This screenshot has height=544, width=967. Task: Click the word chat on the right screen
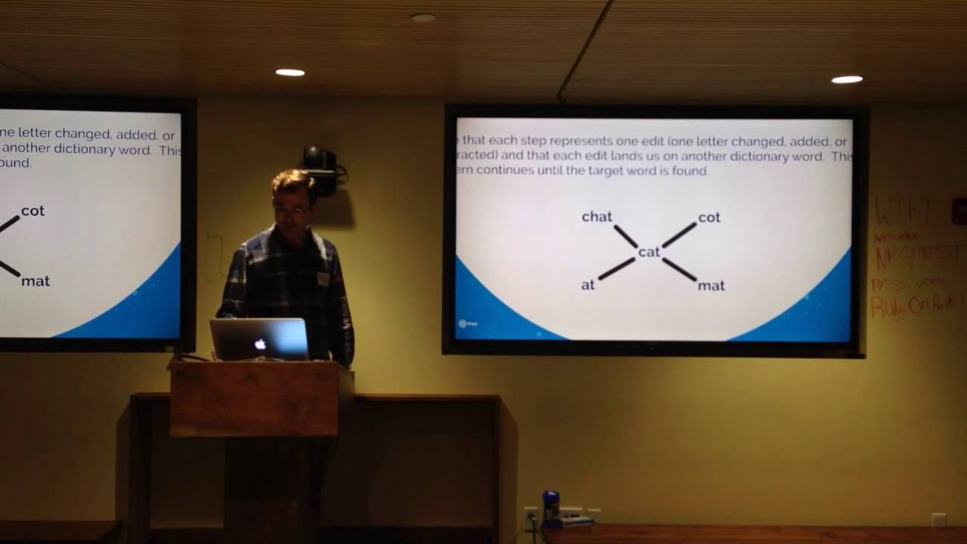(596, 217)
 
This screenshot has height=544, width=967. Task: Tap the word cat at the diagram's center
(649, 252)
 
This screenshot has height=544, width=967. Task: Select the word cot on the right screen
(709, 218)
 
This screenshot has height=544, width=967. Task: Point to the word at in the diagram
(588, 285)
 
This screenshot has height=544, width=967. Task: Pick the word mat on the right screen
(711, 286)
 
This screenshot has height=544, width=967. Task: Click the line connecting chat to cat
(626, 236)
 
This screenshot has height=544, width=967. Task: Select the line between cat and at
(616, 269)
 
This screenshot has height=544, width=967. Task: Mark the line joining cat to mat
(679, 270)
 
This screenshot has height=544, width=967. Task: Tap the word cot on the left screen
(32, 211)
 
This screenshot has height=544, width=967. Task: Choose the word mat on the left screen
(36, 281)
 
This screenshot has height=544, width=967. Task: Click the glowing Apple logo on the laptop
(260, 344)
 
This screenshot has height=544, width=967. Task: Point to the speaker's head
(293, 194)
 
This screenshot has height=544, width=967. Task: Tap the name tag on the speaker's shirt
(323, 279)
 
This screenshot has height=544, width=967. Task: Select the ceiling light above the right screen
(847, 79)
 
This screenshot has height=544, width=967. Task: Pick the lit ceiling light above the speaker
(290, 73)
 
